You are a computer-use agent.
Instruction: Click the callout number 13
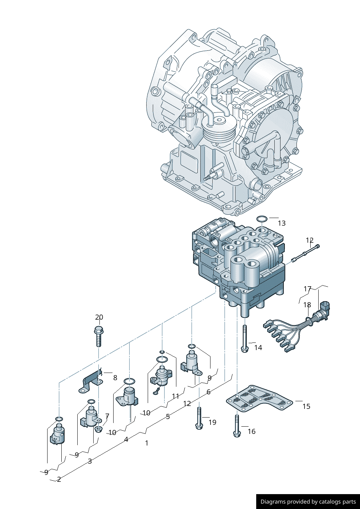click(x=282, y=223)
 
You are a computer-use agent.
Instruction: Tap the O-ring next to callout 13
click(x=262, y=219)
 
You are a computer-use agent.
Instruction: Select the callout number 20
click(x=99, y=317)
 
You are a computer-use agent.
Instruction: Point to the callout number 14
click(x=258, y=348)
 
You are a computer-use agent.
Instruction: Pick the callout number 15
click(x=306, y=406)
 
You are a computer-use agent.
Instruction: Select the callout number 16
click(x=251, y=431)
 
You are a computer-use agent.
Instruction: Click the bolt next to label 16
click(x=237, y=426)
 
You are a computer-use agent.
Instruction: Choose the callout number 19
click(x=212, y=422)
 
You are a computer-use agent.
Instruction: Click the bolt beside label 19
click(x=199, y=418)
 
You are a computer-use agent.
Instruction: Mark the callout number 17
click(x=307, y=289)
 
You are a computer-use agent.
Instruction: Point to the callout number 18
click(x=307, y=305)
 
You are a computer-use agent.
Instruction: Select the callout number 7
click(x=107, y=416)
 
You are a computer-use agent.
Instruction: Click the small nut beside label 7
click(x=98, y=430)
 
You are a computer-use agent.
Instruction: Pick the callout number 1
click(x=147, y=443)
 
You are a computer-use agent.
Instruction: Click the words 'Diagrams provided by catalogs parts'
click(x=308, y=502)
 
